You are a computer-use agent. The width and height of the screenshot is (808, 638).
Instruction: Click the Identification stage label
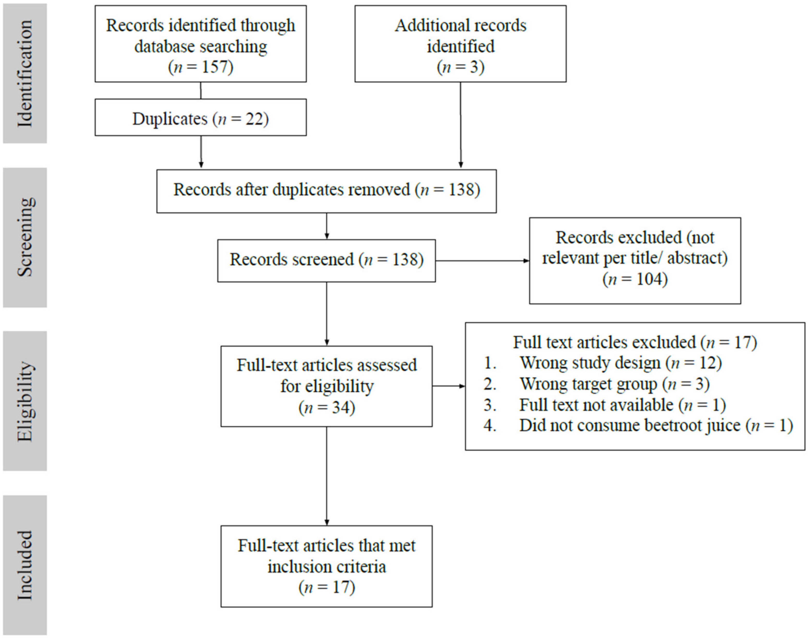point(25,73)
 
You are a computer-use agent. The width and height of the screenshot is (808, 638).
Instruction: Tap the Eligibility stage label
point(25,401)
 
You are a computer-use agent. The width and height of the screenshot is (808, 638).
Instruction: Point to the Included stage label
point(25,565)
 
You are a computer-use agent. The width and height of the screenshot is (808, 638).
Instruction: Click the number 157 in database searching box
point(214,67)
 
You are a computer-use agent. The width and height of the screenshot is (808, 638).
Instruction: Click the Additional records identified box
point(460,44)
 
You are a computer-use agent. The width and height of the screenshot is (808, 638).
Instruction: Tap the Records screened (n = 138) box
point(326,260)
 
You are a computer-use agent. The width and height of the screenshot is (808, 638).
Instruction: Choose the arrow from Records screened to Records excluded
point(482,261)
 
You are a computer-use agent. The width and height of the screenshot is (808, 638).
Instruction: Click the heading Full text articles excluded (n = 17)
point(635,342)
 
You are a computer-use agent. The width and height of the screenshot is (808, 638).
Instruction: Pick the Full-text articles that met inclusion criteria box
point(326,566)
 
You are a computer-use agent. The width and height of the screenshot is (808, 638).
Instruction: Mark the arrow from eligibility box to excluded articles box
point(448,386)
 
